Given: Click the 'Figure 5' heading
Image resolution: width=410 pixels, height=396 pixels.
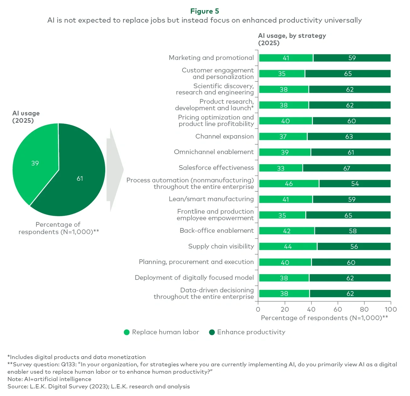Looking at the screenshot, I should pos(204,11).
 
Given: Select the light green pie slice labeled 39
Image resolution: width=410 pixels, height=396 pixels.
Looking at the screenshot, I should pos(35,163).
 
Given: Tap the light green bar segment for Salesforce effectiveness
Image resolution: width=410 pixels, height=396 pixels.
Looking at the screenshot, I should pos(281,168).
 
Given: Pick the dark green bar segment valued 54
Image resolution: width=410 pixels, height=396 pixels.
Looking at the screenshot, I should pos(355,183).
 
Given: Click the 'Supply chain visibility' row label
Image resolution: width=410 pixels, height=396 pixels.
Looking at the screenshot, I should pos(221,246).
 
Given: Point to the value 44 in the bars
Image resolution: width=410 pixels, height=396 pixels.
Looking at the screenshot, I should pos(288,247).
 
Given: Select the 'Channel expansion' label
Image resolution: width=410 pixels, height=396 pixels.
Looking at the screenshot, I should pos(224,136).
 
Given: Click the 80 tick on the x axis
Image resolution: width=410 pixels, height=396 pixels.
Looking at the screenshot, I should pos(364,309).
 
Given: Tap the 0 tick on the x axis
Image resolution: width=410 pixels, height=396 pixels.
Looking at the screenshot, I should pos(258,309).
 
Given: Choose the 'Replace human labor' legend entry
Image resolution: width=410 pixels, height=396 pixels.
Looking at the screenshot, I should pos(161,332).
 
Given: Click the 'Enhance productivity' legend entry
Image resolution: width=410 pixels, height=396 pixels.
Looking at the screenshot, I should pos(247,332).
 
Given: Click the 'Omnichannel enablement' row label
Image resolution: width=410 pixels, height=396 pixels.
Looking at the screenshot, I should pos(214,152).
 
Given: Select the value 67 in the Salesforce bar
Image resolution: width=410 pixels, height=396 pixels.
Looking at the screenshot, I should pos(347,168).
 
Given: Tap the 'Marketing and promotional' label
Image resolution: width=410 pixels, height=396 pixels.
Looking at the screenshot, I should pos(211,58).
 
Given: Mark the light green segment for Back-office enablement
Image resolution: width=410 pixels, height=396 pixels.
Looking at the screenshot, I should pos(287,231).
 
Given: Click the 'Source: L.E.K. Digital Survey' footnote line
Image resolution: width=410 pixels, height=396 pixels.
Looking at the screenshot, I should pos(99,387).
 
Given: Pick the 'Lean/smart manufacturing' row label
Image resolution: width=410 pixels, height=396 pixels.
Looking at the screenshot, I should pos(211,199).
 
